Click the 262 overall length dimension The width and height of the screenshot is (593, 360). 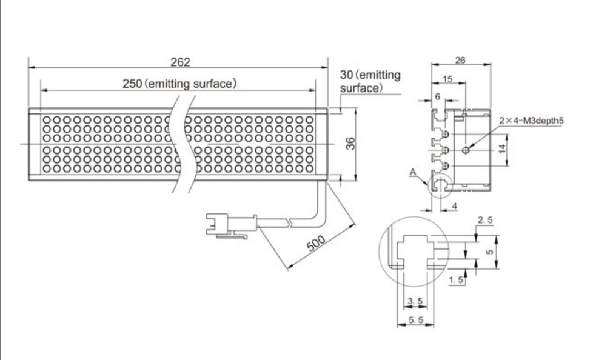180,62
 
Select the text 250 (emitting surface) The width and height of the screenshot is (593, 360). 179,84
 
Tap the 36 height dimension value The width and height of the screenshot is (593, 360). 351,143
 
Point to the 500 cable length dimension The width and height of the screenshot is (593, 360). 316,244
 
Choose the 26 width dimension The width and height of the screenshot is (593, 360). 460,60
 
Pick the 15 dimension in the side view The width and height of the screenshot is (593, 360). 447,79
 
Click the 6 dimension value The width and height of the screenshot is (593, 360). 438,97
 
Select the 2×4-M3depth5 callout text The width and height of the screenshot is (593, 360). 531,121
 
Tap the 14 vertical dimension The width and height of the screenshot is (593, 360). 502,149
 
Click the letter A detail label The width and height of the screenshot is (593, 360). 413,173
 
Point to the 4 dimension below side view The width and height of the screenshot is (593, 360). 455,206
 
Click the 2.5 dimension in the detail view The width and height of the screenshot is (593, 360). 486,220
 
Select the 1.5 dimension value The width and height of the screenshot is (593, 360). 456,280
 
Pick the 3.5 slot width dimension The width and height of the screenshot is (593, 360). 415,301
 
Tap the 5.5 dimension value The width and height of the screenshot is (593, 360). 416,320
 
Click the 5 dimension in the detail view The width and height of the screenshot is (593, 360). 490,252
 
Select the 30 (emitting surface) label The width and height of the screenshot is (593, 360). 370,81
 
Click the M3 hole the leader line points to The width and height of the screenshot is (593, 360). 466,150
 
